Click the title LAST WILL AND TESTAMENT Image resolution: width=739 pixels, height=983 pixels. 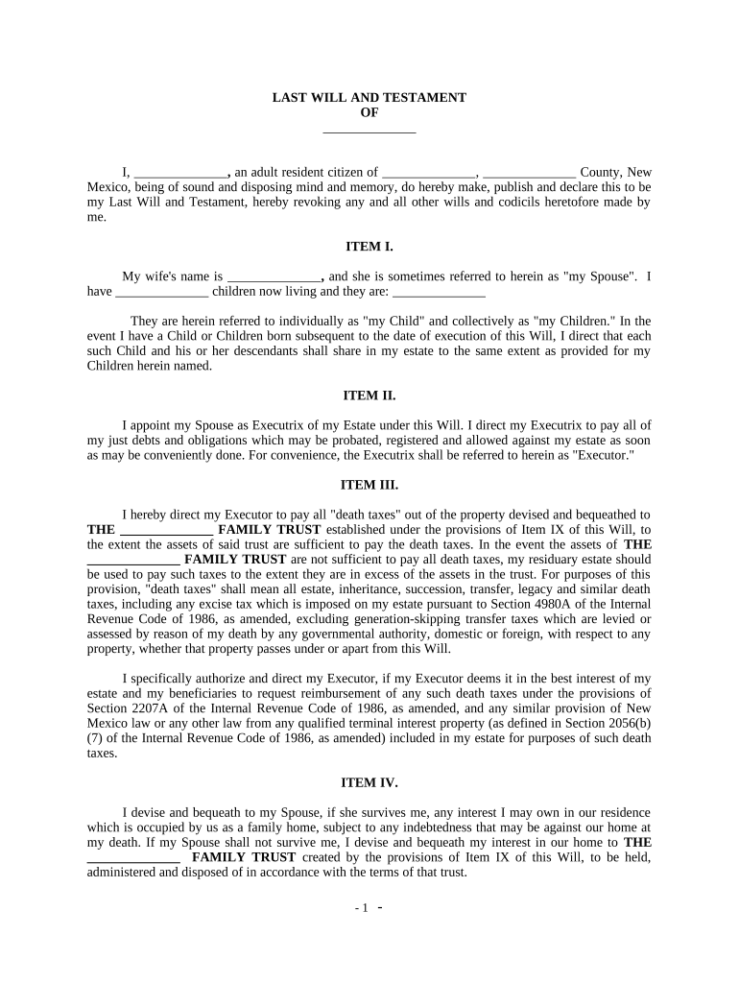click(x=369, y=98)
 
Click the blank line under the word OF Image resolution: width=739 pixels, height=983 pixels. click(x=369, y=130)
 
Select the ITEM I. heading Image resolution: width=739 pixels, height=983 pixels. click(x=369, y=247)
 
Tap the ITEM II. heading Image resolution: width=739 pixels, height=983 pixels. click(x=369, y=395)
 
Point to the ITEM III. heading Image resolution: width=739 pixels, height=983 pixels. click(x=369, y=485)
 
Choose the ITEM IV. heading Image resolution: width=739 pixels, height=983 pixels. click(x=369, y=782)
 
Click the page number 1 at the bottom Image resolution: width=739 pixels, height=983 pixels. click(x=364, y=908)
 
